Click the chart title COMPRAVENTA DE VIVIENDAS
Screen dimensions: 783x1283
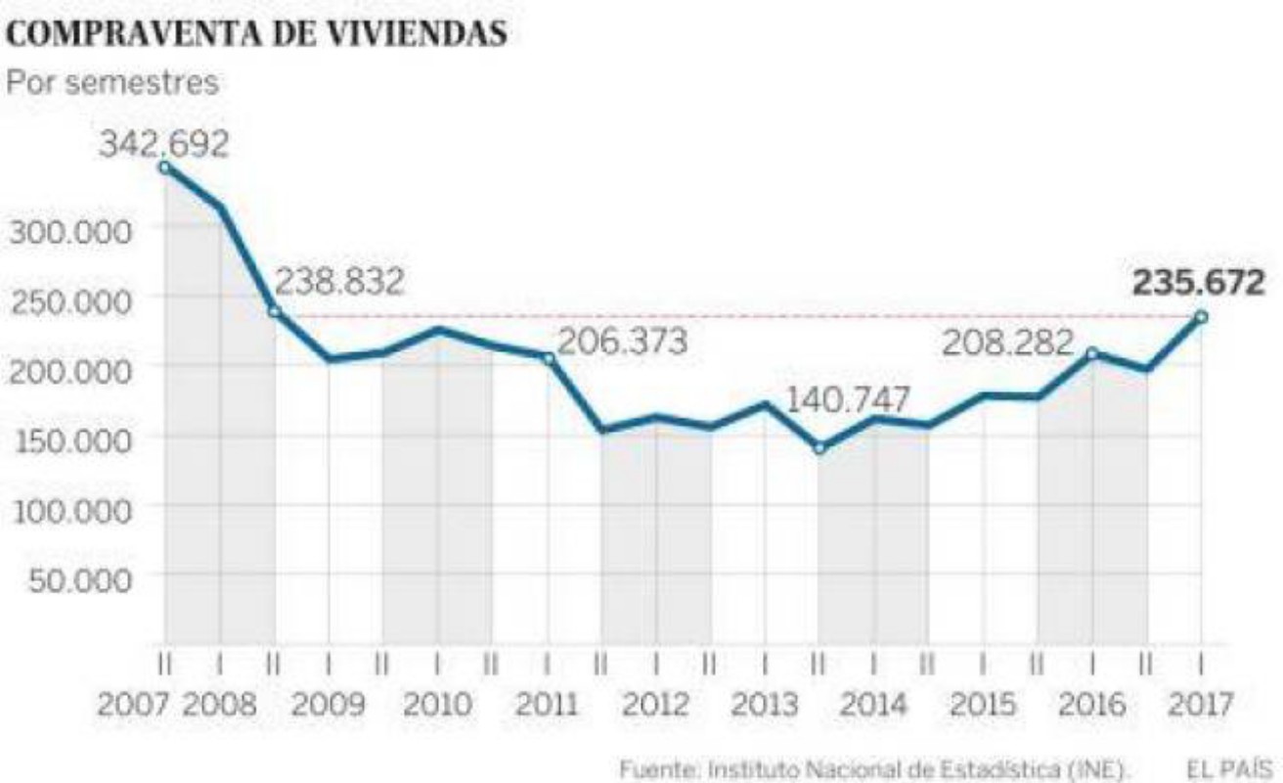tap(257, 34)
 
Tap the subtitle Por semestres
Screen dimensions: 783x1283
tap(112, 82)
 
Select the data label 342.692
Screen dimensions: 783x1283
tap(163, 144)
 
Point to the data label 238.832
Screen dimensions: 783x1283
tap(339, 283)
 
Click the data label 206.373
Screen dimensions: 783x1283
tap(623, 342)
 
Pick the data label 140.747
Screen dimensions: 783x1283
tap(848, 400)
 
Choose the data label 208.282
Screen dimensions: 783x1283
tap(1008, 343)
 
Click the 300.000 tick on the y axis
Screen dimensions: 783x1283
tap(69, 232)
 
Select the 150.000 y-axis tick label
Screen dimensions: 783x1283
tap(69, 440)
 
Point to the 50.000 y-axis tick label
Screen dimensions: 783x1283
tap(76, 579)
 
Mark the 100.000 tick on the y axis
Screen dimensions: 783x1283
tap(69, 510)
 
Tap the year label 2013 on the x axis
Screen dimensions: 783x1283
tap(766, 705)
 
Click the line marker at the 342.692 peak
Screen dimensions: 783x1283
tap(164, 167)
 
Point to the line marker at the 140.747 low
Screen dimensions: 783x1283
tap(819, 448)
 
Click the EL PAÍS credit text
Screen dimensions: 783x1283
tap(1227, 769)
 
